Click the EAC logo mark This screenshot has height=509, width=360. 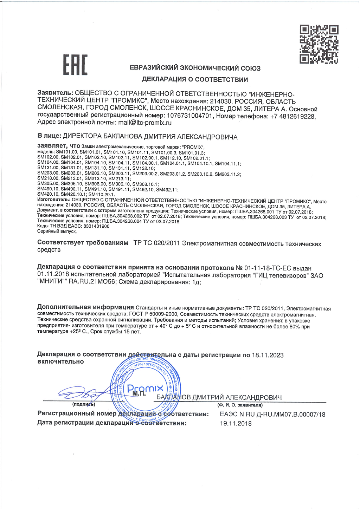coord(75,65)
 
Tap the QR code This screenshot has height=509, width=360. coord(319,44)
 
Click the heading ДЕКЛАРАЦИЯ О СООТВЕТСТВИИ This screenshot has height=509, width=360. coord(195,79)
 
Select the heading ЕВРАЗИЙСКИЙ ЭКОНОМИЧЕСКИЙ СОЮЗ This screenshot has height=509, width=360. coord(195,68)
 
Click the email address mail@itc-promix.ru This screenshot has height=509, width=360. coord(145,123)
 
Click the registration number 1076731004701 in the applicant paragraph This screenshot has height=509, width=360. coord(189,116)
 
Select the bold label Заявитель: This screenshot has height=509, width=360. coord(55,93)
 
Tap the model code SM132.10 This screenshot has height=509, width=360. coord(143,168)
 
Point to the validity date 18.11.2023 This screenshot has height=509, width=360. coord(268,355)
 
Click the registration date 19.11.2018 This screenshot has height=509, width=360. coord(236,423)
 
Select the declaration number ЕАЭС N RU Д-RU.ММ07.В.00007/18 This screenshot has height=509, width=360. coord(272,414)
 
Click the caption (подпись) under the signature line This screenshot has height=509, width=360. coord(84,404)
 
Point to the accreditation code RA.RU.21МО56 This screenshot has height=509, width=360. coord(92,282)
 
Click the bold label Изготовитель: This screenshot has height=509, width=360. coord(54,200)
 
